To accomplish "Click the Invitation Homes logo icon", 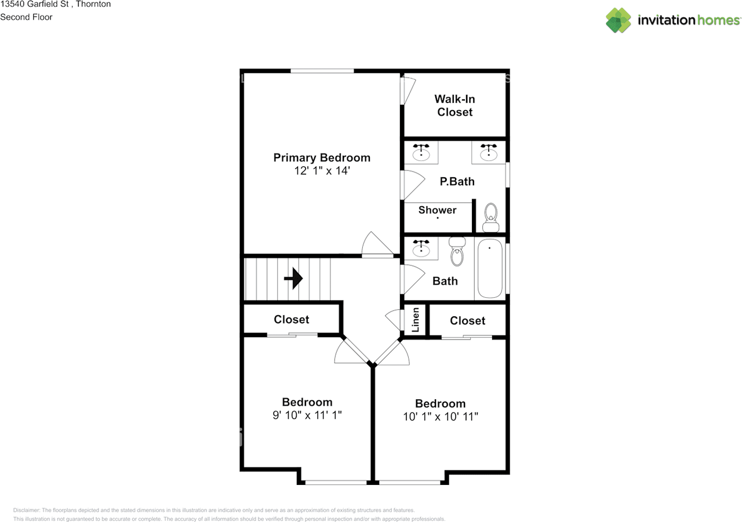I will [619, 20].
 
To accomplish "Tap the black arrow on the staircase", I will [294, 279].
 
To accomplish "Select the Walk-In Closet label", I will [455, 105].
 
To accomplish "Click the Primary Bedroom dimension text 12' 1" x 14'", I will [322, 171].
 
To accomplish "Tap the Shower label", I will [437, 210].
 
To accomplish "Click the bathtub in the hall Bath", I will [490, 269].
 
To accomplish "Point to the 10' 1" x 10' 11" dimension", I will [441, 417].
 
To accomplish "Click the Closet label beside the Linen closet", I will [467, 320].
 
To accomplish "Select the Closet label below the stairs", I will [292, 319].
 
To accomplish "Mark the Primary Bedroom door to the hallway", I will [377, 246].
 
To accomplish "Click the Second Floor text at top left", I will [26, 17].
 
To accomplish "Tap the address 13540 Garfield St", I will [35, 4].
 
